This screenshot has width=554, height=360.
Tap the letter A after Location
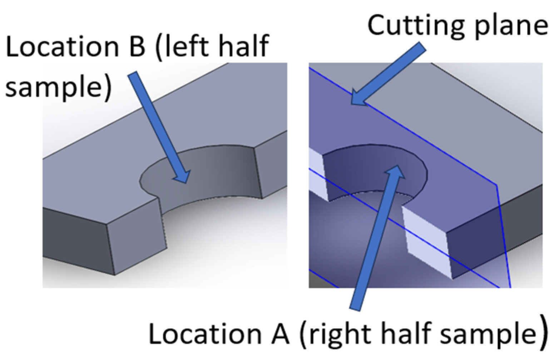click(x=278, y=334)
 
